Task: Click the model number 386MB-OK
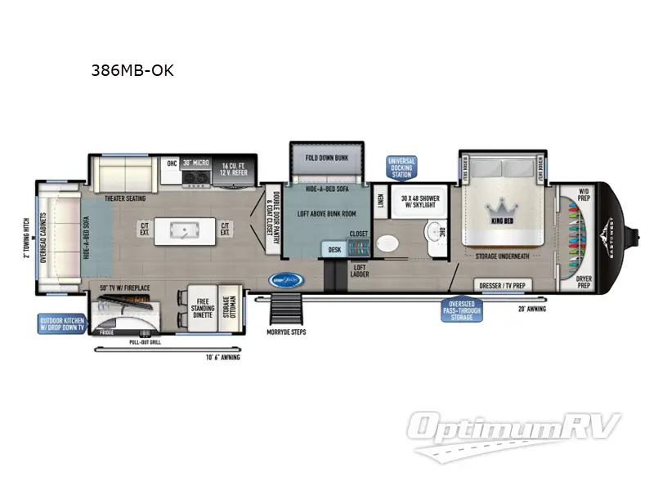coord(132,70)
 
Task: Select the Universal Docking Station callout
coord(402,167)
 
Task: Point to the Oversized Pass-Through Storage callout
coord(462,310)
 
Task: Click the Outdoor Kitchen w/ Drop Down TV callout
coord(61,324)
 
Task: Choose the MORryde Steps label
coord(285,332)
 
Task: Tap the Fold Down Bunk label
coord(322,158)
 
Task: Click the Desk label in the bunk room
coord(334,250)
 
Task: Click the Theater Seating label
coord(124,198)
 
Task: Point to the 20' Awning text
coord(531,309)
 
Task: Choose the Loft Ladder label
coord(360,270)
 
